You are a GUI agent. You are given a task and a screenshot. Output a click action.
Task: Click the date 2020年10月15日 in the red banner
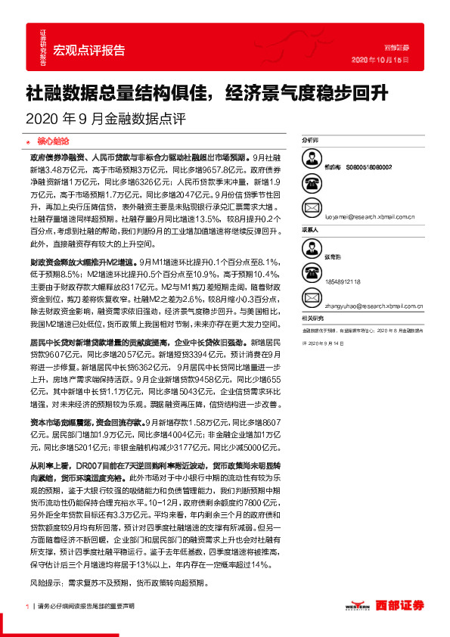point(380,60)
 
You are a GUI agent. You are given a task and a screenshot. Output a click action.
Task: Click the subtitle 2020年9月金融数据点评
point(105,119)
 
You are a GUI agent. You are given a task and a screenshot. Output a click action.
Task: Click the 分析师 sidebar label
point(311,141)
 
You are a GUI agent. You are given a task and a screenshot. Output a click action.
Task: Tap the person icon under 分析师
point(311,160)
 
